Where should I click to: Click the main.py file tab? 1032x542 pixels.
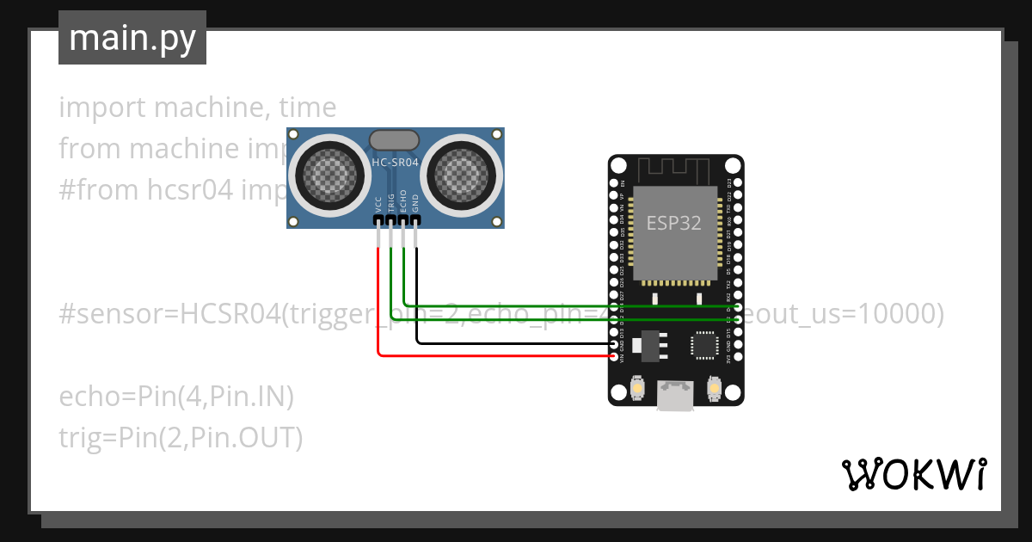(132, 38)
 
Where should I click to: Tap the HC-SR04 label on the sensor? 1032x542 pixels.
(394, 162)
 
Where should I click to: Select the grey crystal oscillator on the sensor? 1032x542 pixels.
(394, 139)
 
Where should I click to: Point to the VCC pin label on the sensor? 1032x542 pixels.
(378, 204)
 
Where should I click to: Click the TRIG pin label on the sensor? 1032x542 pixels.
(390, 203)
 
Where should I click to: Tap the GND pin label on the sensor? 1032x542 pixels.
(415, 204)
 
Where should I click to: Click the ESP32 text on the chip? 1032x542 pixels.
(674, 223)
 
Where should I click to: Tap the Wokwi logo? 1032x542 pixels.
(913, 474)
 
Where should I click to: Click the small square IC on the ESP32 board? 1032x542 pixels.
(704, 344)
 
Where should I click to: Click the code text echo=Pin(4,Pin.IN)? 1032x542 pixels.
(176, 397)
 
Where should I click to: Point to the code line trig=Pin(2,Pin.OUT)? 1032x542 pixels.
(181, 438)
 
